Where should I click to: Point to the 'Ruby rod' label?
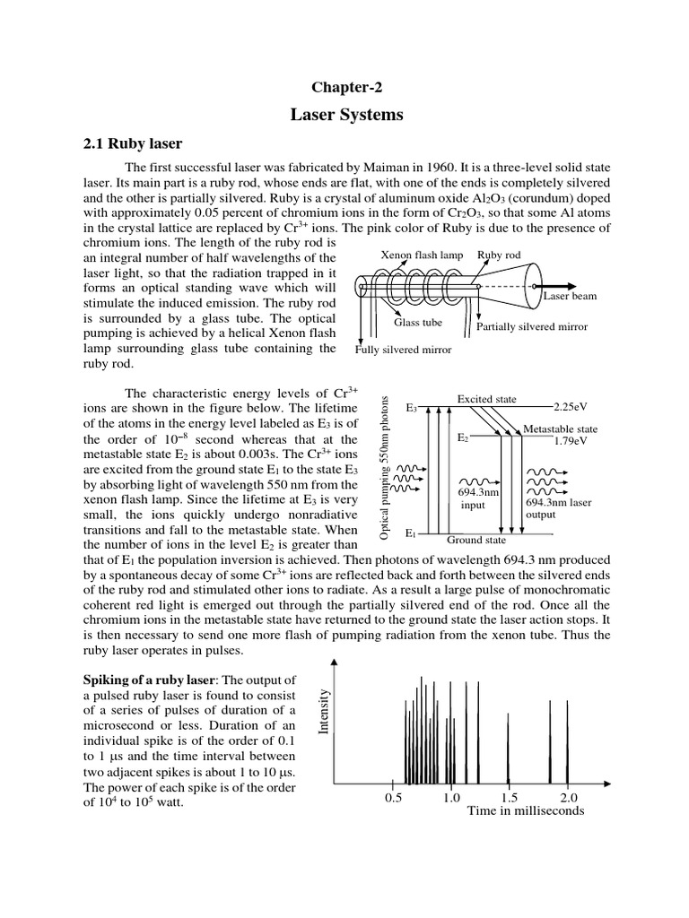(499, 255)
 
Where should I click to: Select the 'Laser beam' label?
(570, 295)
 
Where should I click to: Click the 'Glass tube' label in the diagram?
(419, 322)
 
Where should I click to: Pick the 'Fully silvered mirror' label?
(403, 349)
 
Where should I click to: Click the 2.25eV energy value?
(571, 406)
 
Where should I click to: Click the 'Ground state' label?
(475, 540)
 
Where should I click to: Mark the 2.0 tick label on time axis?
(569, 797)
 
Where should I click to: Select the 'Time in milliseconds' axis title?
(525, 811)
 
